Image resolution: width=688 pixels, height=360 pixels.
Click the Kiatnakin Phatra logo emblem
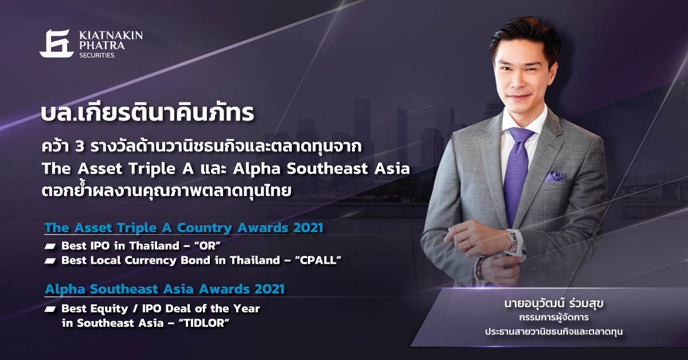click(x=57, y=44)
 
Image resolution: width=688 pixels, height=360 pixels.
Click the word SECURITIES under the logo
click(x=97, y=55)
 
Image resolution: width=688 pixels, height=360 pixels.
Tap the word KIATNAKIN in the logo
click(x=111, y=36)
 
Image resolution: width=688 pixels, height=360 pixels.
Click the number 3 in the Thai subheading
click(x=80, y=147)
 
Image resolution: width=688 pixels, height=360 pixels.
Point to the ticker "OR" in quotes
click(x=208, y=246)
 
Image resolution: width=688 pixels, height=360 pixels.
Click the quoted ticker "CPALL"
click(x=318, y=260)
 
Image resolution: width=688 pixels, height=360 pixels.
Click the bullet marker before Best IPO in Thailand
click(x=50, y=246)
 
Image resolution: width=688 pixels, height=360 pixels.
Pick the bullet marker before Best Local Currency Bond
click(x=50, y=261)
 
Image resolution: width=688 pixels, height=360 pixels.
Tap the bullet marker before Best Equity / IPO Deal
click(x=50, y=310)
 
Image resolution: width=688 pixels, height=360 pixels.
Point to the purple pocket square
click(x=555, y=177)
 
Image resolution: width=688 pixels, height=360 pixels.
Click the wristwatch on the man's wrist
click(x=514, y=242)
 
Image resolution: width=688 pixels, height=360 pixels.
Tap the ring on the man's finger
click(x=468, y=244)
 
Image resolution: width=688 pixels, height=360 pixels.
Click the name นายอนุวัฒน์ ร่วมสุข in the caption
click(x=554, y=303)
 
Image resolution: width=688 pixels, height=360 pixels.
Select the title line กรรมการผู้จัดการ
click(x=554, y=318)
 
